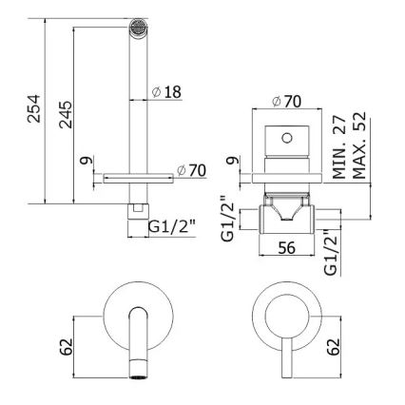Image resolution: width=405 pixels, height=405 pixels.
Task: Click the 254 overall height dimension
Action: (32, 106)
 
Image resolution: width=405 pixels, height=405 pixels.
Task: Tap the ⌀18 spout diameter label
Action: (166, 92)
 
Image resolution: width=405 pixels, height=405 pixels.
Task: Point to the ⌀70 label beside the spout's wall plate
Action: (193, 171)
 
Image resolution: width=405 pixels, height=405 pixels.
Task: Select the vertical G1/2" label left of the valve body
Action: (226, 221)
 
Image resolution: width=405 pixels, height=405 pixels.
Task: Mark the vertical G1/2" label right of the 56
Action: (329, 251)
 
